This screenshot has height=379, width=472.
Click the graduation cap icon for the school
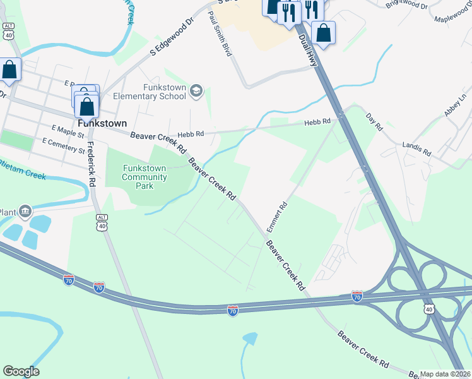196,92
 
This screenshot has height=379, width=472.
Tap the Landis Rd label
416,149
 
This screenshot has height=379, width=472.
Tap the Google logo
21,371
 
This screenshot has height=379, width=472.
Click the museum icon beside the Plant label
25,210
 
